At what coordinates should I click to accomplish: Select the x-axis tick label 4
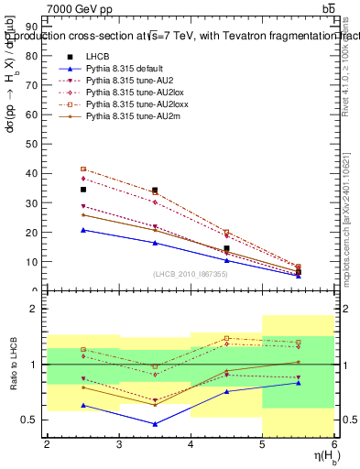(191, 443)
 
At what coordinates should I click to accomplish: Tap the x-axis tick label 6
(334, 443)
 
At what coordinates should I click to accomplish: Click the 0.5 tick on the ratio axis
(31, 420)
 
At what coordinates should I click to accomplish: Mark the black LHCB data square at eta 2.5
(83, 190)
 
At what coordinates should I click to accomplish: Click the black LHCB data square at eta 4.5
(226, 248)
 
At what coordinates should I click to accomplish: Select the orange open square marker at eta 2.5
(83, 169)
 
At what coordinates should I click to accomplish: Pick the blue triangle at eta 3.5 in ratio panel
(155, 424)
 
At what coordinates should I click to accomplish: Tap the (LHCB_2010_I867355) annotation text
(191, 274)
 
